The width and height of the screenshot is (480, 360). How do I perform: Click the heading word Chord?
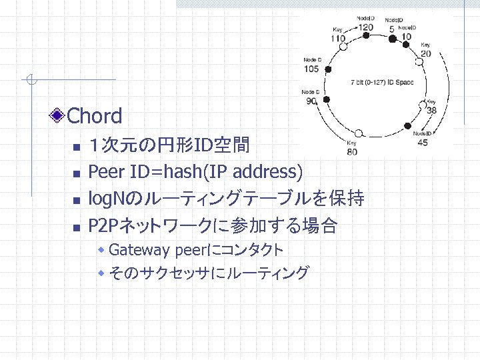coord(95,116)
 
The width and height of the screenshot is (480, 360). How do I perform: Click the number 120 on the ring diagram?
coord(365,27)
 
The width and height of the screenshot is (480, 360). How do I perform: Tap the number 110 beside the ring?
coord(339,38)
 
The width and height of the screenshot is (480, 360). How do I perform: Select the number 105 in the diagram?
coord(311,68)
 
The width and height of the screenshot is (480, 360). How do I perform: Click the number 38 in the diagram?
coord(431,111)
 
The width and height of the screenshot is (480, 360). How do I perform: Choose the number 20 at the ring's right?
coord(425,53)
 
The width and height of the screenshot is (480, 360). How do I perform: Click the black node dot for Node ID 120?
coord(365,39)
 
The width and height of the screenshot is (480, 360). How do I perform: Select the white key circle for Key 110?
coord(345,46)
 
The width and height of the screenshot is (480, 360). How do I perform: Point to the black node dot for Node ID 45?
coord(416,123)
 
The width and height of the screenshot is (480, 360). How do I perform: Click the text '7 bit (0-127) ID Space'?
coord(382,83)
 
